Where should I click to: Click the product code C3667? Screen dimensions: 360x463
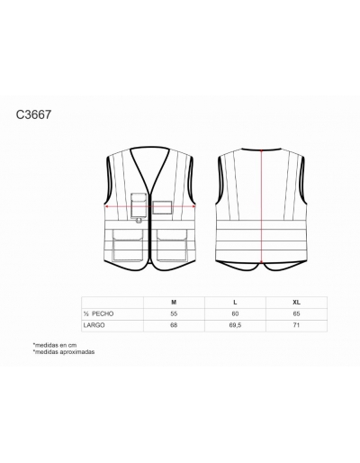pos(33,114)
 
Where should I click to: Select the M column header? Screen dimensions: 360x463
pos(174,303)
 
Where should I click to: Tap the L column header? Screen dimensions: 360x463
pos(235,303)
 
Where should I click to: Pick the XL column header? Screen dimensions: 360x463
pos(296,303)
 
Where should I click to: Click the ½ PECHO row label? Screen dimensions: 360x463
pos(98,313)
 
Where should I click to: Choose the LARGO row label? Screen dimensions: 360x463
pos(94,325)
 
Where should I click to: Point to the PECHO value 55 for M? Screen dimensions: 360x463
pos(174,313)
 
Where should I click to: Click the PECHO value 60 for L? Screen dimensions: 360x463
pos(235,313)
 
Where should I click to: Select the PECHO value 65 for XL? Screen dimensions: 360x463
pos(296,313)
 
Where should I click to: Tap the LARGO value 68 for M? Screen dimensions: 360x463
pos(174,325)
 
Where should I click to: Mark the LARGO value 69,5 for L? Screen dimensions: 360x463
pos(235,325)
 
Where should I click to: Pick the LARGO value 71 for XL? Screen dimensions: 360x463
pos(296,325)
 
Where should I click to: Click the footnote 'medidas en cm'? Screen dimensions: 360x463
pos(55,345)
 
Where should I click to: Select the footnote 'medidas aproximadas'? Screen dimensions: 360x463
pos(64,351)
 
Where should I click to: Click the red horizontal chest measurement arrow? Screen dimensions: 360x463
pos(150,206)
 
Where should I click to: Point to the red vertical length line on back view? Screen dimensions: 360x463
pos(262,206)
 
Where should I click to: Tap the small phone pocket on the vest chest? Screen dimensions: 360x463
pos(139,205)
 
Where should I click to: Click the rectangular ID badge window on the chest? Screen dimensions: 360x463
pos(162,207)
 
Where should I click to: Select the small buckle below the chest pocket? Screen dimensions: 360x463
pos(139,221)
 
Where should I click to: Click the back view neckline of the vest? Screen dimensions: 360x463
pos(262,149)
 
